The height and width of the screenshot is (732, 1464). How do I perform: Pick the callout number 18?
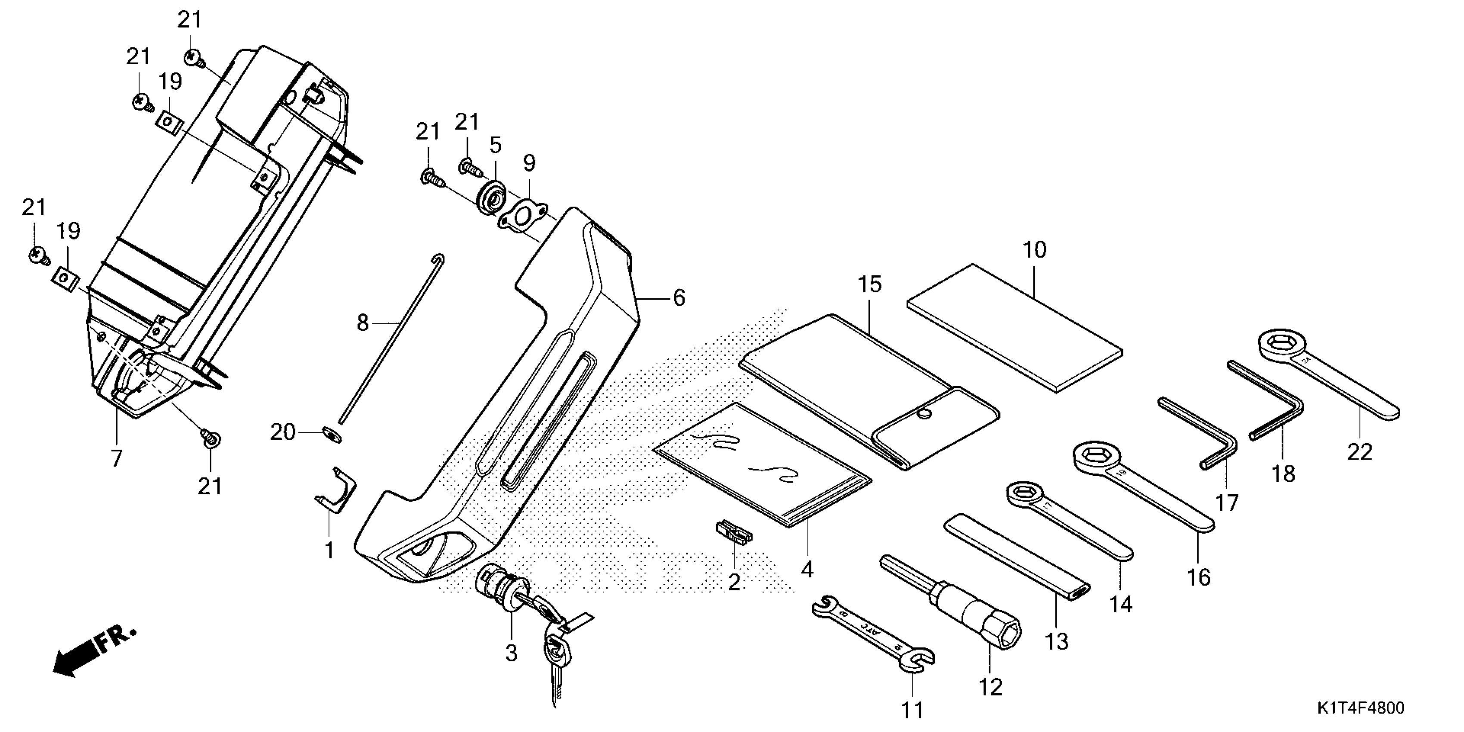click(x=1283, y=473)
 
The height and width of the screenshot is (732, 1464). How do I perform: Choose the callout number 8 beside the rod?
click(x=363, y=323)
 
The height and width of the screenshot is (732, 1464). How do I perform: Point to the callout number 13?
click(x=1057, y=641)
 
